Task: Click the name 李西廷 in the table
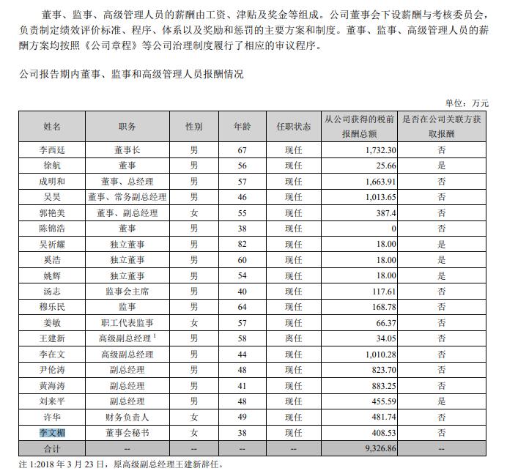pos(52,149)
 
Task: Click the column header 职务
pos(127,126)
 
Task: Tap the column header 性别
pos(193,126)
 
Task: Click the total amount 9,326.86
pos(379,447)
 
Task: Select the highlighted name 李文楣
pos(52,433)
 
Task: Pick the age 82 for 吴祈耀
pos(241,244)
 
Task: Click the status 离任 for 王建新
pos(294,338)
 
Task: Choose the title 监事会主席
pos(127,292)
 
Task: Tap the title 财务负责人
pos(127,417)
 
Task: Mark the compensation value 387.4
pos(385,212)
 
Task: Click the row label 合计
pos(52,447)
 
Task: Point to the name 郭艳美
pos(52,212)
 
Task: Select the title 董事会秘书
pos(127,433)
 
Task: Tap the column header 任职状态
pos(294,126)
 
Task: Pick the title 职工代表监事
pos(127,323)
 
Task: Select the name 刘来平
pos(52,401)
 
